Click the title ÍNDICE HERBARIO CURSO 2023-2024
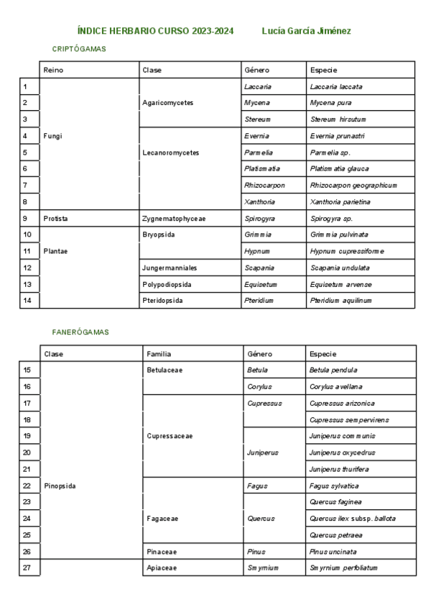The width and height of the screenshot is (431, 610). (154, 32)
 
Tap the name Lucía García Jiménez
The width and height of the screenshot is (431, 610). (307, 32)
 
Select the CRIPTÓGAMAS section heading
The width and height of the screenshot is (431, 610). (79, 48)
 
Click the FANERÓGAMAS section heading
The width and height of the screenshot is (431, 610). (80, 332)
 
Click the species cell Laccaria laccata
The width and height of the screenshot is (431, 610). (336, 86)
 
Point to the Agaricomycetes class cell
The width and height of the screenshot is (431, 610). (168, 103)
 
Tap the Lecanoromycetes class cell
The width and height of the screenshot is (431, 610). (171, 152)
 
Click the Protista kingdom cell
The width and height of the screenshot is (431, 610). (55, 218)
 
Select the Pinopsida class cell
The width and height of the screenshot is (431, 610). (60, 486)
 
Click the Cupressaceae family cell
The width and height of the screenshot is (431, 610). (170, 436)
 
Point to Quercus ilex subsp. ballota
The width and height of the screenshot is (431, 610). (353, 519)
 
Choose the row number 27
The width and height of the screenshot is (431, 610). (27, 568)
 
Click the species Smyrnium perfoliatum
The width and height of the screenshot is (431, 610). (343, 568)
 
